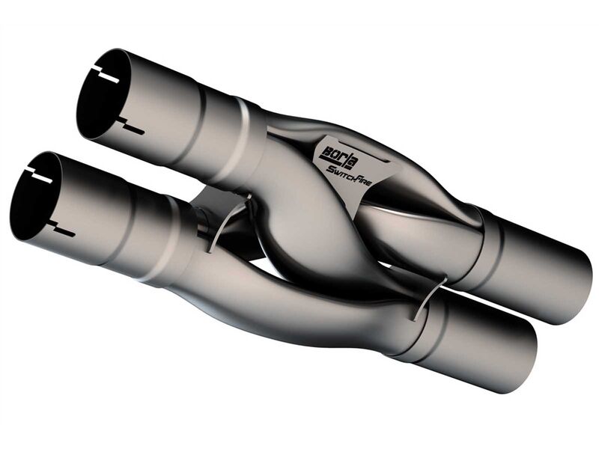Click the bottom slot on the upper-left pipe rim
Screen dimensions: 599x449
(131, 126)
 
